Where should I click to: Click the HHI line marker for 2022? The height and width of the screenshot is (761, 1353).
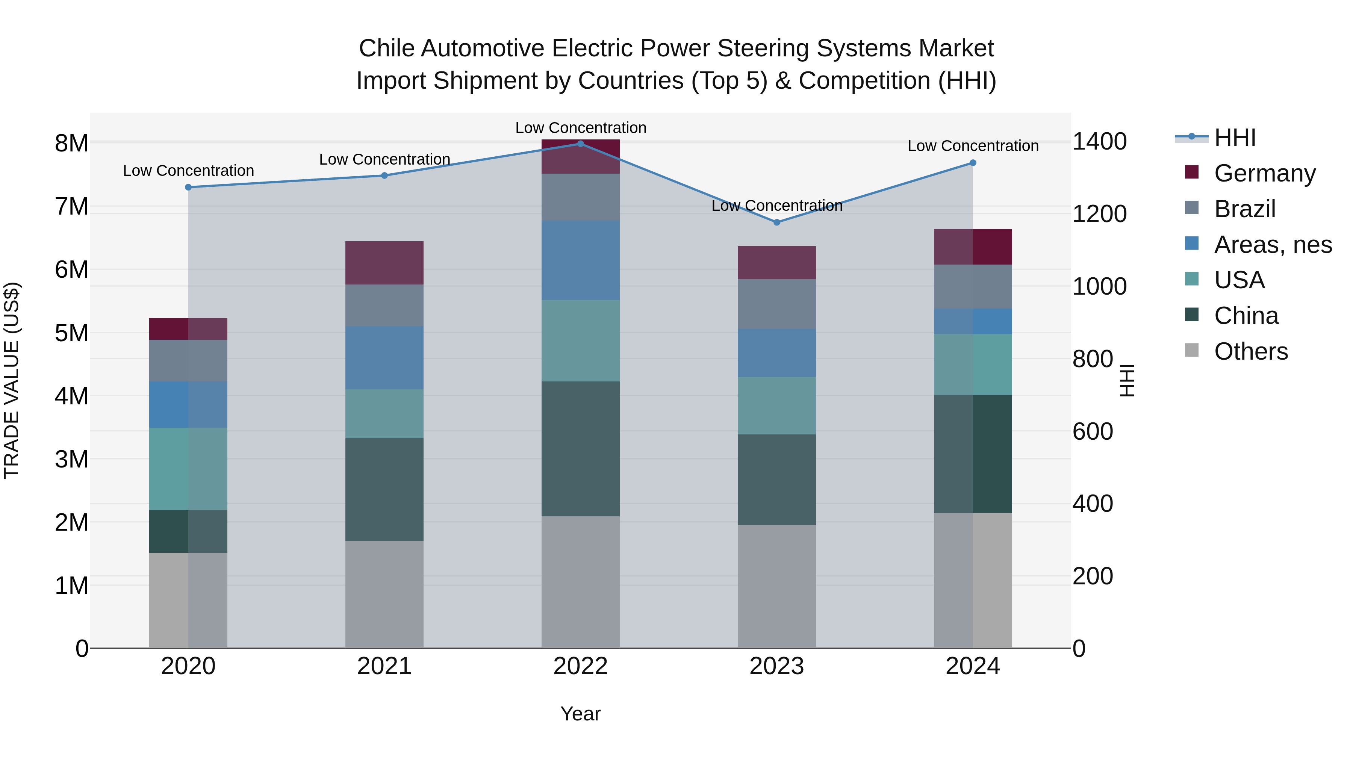tap(580, 144)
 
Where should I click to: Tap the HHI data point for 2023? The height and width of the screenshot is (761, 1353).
tap(777, 222)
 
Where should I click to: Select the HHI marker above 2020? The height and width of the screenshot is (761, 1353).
tap(188, 188)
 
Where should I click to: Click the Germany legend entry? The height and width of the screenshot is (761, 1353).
tap(1264, 173)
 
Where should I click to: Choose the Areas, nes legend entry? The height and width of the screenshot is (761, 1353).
tap(1272, 245)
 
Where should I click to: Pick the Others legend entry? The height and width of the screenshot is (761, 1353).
tap(1250, 351)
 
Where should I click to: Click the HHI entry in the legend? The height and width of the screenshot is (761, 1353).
tap(1234, 138)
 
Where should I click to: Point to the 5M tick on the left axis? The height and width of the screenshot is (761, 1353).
tap(71, 333)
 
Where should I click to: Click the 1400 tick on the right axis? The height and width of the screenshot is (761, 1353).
tap(1099, 142)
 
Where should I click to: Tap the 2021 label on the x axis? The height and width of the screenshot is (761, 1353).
tap(384, 666)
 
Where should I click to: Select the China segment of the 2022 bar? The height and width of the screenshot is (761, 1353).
tap(580, 449)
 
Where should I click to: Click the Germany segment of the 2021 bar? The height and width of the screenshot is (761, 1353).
tap(384, 263)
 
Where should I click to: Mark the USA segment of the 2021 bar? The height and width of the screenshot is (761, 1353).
tap(384, 414)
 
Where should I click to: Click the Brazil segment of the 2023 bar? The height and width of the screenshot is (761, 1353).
tap(777, 304)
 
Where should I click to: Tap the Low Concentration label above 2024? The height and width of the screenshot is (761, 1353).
tap(973, 146)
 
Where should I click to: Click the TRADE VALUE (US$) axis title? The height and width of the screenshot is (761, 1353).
tap(12, 380)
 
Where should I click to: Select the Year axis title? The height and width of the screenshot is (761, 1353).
tap(580, 714)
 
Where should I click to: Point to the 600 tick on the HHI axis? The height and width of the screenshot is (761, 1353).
tap(1093, 432)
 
